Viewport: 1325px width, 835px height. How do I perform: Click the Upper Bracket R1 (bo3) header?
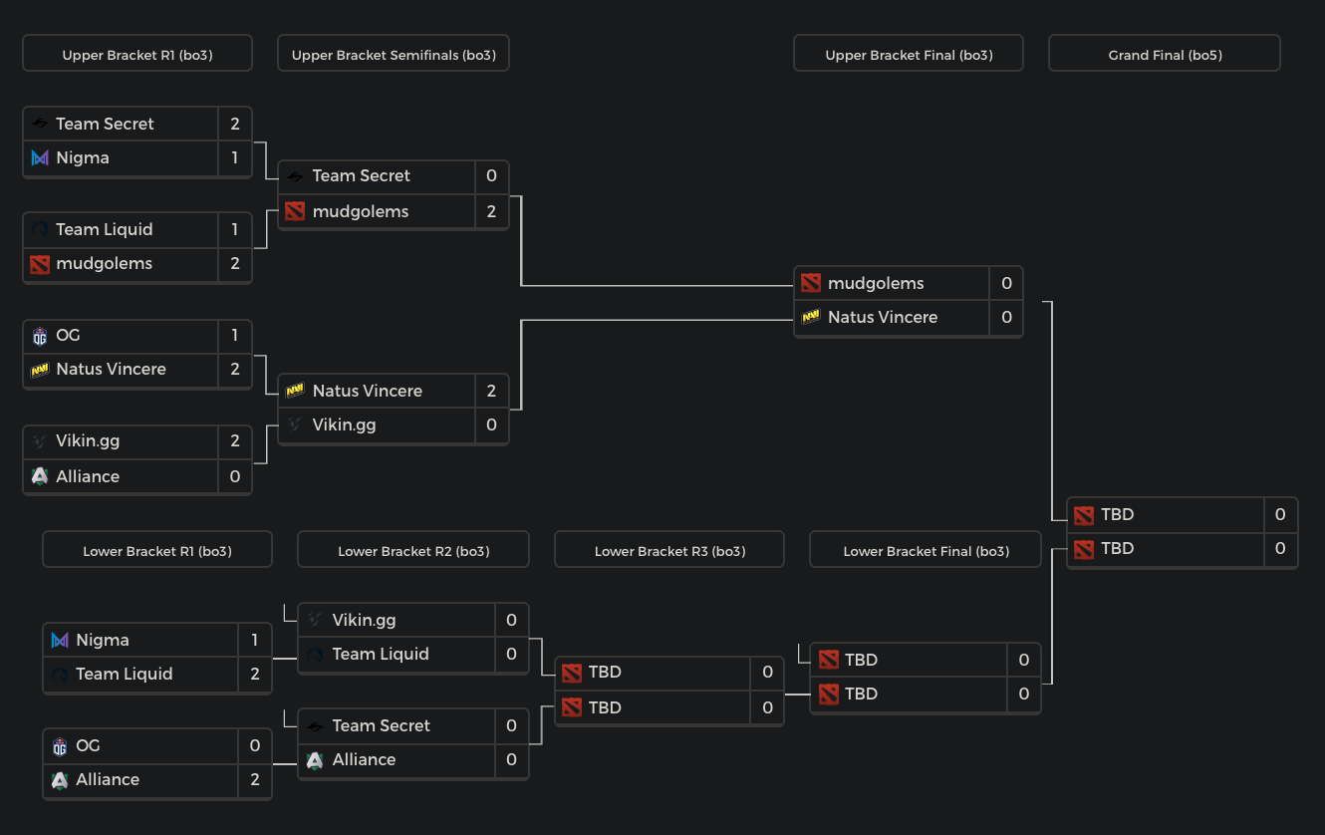137,55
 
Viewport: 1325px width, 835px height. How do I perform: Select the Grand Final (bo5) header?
1164,55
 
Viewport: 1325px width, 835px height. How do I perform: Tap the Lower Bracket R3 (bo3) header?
669,550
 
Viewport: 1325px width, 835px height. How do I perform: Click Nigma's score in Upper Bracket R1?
235,157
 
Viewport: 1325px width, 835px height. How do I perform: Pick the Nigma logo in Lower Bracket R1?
60,640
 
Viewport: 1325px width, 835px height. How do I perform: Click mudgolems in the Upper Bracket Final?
876,283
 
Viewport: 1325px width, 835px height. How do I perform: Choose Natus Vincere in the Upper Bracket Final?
883,317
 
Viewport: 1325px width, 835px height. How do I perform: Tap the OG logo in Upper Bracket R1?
40,336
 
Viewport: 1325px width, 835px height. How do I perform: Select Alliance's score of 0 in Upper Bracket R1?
235,476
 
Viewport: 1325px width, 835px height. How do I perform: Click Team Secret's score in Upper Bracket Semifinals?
491,175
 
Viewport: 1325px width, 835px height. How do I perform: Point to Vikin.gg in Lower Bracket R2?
364,620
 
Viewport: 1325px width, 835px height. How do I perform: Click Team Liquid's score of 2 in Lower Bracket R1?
255,674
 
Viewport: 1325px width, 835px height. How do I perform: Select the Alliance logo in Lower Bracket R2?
315,759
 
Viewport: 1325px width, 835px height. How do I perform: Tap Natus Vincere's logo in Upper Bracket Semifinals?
295,391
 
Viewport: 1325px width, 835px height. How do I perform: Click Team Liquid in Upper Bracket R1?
105,229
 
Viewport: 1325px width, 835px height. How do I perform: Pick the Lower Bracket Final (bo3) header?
926,550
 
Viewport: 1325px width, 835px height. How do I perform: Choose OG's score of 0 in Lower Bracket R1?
255,745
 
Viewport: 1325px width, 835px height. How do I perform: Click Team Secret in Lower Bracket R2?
381,725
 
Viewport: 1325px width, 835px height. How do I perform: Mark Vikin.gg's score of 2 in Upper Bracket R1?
235,440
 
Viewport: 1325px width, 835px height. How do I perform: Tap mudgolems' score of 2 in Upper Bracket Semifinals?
491,211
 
